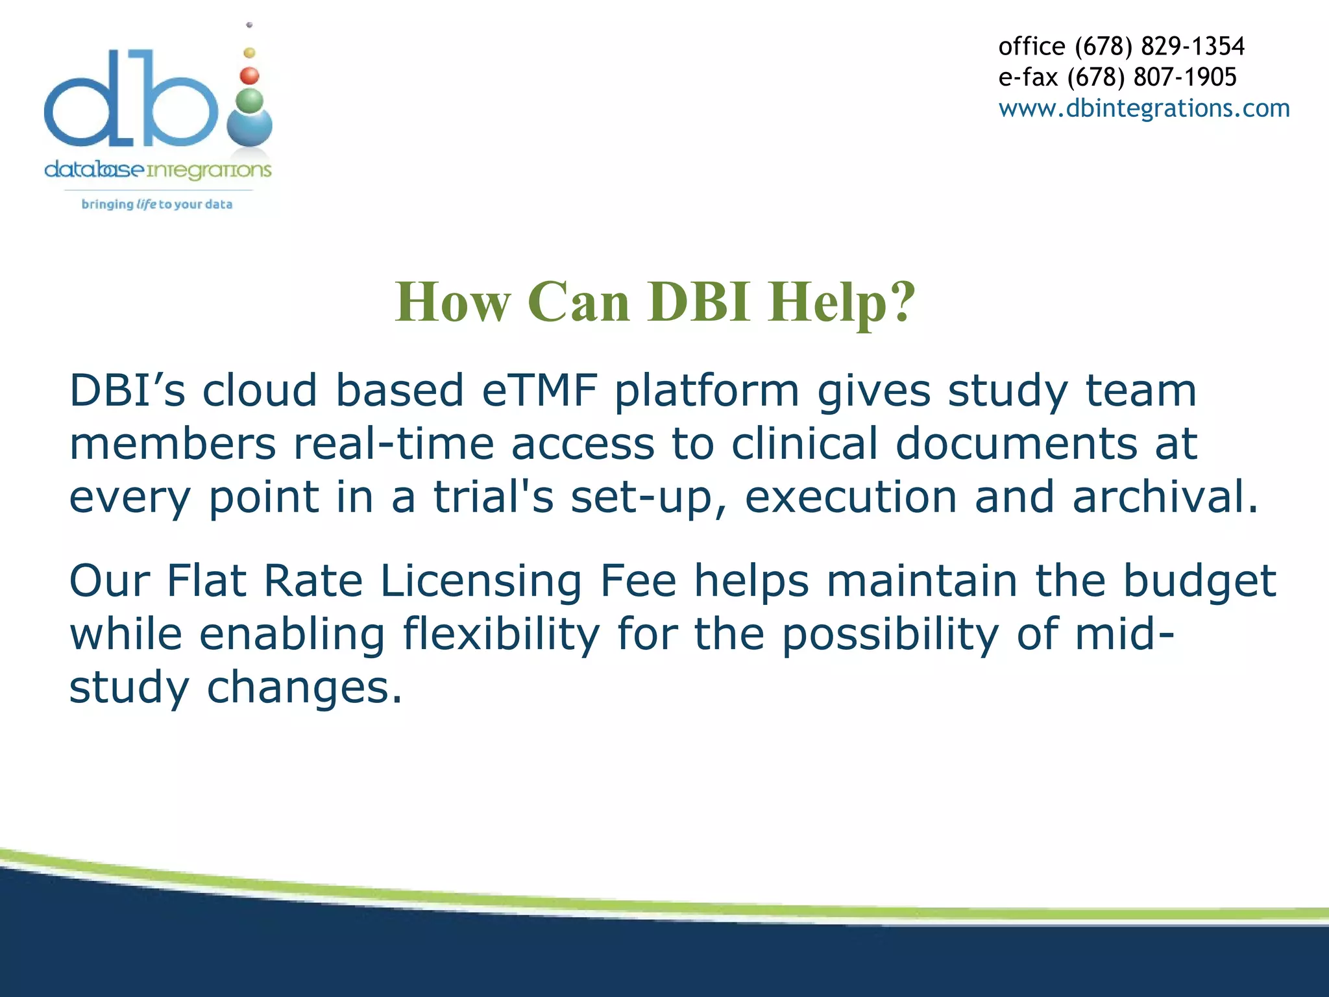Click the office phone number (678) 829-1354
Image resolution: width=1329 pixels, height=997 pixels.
click(x=1160, y=47)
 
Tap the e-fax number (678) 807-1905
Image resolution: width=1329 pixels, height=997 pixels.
click(x=1152, y=77)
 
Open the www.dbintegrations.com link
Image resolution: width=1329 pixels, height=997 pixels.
click(x=1143, y=108)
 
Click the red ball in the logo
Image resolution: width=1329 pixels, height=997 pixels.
click(x=249, y=76)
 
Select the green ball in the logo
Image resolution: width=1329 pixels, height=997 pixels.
click(x=250, y=101)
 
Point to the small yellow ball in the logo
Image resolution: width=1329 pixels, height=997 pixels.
click(x=249, y=53)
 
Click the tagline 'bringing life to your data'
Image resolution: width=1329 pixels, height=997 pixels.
click(x=156, y=204)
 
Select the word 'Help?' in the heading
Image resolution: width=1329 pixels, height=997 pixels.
click(x=842, y=303)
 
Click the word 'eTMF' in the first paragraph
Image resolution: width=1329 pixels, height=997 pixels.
click(x=539, y=391)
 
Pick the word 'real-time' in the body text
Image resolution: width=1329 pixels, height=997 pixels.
click(x=393, y=445)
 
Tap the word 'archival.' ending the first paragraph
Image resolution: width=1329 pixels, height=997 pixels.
click(x=1165, y=498)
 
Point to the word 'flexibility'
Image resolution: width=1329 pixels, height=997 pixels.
click(x=501, y=634)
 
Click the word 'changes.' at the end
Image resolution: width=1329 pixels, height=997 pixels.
click(x=304, y=688)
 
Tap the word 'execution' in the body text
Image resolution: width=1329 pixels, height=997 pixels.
click(x=850, y=498)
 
